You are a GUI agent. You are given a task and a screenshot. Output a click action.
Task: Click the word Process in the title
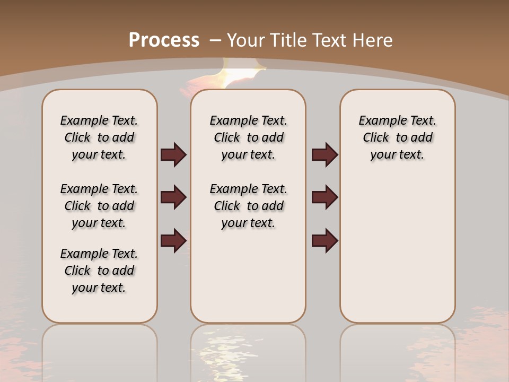pyautogui.click(x=164, y=40)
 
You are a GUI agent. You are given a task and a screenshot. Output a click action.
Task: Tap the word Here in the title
pyautogui.click(x=374, y=40)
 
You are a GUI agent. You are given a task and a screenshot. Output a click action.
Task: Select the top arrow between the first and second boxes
pyautogui.click(x=173, y=155)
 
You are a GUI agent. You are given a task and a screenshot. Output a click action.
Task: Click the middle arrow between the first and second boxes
pyautogui.click(x=173, y=197)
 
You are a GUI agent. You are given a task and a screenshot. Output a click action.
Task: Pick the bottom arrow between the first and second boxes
pyautogui.click(x=173, y=240)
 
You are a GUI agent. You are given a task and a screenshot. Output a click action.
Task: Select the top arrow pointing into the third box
pyautogui.click(x=324, y=155)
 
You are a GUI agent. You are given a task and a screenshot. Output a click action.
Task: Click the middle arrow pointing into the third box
pyautogui.click(x=324, y=197)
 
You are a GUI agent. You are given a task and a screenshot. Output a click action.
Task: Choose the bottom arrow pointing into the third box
pyautogui.click(x=324, y=240)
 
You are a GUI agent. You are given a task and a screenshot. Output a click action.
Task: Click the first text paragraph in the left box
pyautogui.click(x=99, y=137)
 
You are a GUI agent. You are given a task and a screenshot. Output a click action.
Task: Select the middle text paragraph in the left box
pyautogui.click(x=99, y=206)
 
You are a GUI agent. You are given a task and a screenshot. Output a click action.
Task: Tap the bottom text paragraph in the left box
pyautogui.click(x=99, y=271)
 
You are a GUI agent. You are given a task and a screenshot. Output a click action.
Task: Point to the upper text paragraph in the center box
pyautogui.click(x=248, y=137)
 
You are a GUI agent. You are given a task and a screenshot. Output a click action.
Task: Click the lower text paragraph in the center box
pyautogui.click(x=248, y=206)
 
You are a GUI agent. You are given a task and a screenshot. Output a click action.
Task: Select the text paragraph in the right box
pyautogui.click(x=397, y=137)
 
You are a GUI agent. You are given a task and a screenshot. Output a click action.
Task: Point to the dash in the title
pyautogui.click(x=216, y=40)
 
